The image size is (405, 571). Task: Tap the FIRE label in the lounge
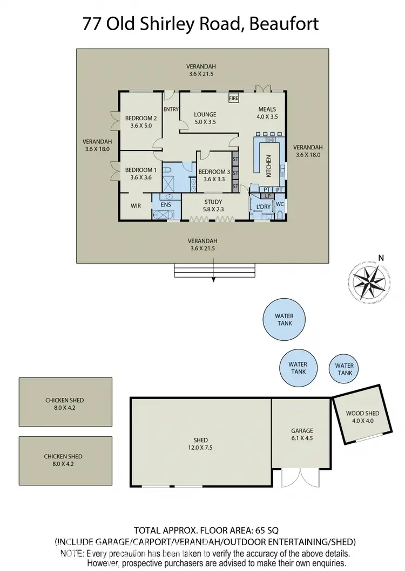point(234,99)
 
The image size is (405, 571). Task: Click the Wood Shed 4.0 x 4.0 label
point(363,417)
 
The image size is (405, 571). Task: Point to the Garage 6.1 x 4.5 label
point(302,434)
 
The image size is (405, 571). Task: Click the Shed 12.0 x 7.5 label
point(200,444)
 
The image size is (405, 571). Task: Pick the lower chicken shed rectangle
point(65,460)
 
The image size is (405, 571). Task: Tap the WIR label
point(136,205)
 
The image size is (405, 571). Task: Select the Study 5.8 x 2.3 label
point(213,205)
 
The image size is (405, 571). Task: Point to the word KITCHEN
point(268,166)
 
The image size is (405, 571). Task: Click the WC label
point(280,205)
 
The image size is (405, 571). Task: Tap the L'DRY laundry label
point(263,207)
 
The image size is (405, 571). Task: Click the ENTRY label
point(171,109)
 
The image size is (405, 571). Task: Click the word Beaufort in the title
point(284,24)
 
